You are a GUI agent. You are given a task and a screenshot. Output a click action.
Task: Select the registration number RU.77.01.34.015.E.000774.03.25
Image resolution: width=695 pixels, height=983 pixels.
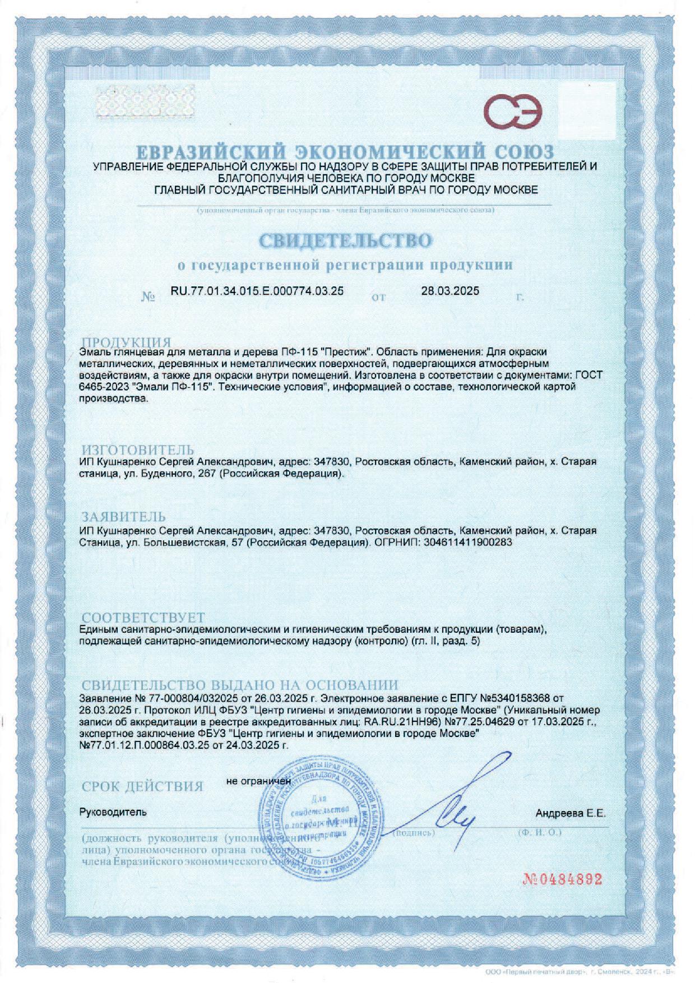point(257,291)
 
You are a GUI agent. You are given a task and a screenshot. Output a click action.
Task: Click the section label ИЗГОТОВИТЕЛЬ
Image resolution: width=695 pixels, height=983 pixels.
point(138,450)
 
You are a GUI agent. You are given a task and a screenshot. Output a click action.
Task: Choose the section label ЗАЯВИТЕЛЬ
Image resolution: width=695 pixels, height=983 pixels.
point(124,516)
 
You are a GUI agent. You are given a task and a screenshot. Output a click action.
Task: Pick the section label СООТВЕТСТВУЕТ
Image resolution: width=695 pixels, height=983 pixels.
point(143,618)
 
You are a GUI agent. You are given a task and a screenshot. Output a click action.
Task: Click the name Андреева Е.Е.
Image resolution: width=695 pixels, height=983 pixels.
point(571,813)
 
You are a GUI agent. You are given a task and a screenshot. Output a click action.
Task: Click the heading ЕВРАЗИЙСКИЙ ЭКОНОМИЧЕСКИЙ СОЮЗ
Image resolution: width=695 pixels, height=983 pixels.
point(345,151)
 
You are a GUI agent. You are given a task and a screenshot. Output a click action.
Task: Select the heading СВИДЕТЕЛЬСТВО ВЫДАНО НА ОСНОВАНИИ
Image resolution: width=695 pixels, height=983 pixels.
point(240,685)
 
